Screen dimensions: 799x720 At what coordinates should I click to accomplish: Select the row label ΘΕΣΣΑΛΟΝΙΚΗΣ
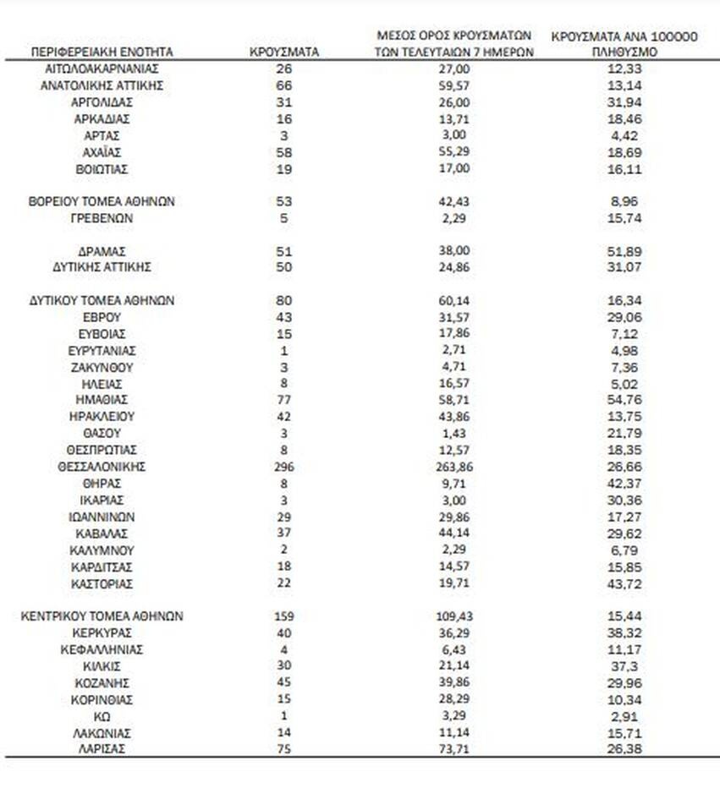click(x=102, y=467)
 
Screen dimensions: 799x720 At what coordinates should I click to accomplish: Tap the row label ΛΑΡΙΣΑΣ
click(x=102, y=749)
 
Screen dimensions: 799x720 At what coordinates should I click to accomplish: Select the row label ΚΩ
click(x=102, y=716)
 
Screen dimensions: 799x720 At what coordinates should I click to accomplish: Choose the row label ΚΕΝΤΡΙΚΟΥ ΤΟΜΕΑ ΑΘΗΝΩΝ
click(x=102, y=616)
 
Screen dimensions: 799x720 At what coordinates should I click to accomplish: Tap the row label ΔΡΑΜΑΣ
click(x=102, y=251)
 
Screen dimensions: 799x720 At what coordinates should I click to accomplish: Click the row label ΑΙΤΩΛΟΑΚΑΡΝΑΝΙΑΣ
click(x=102, y=68)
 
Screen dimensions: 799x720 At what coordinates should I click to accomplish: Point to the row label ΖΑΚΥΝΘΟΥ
click(x=102, y=367)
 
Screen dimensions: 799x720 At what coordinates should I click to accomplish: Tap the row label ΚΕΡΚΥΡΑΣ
click(x=102, y=633)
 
